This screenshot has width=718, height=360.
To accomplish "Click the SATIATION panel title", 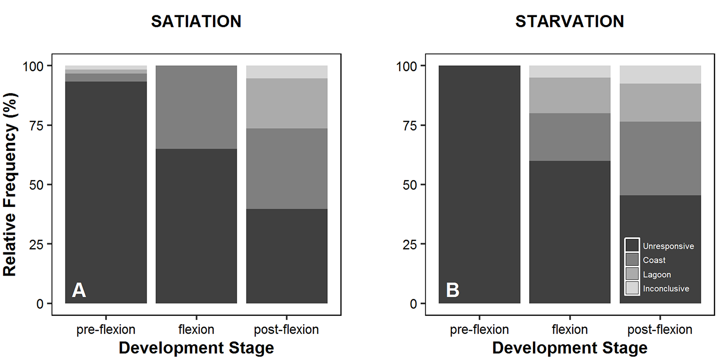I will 196,21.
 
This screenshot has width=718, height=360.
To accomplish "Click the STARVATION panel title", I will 569,21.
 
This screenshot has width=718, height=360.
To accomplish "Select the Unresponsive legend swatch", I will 632,245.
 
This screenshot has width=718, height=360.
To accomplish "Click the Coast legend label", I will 654,260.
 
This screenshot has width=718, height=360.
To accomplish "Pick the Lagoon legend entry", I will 656,275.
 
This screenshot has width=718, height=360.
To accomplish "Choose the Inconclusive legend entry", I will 666,289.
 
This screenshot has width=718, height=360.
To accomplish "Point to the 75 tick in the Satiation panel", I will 35,125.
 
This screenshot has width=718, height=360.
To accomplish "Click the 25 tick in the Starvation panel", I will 409,244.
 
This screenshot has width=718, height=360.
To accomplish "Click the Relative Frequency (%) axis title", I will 10,185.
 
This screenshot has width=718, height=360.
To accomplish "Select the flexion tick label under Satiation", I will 196,330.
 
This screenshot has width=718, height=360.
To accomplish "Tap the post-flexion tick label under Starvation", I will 660,330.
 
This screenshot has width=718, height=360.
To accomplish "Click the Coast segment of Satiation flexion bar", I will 196,107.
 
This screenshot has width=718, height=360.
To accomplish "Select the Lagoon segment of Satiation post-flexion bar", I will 286,103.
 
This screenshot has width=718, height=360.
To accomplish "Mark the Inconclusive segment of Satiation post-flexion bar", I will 286,72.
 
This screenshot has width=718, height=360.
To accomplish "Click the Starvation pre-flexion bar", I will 479,185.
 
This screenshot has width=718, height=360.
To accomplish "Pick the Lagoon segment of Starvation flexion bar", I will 569,95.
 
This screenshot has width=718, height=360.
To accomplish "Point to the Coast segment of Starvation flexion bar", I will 569,137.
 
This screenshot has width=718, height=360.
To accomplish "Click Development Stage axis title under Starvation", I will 569,348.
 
